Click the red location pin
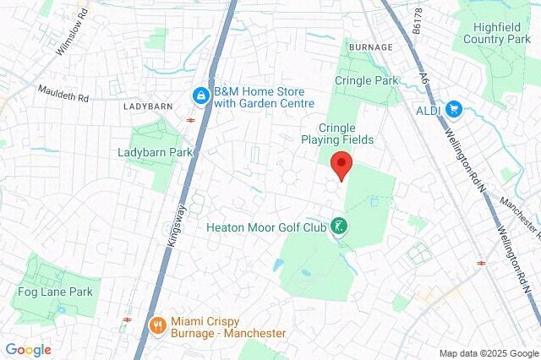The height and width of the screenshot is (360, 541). click(x=341, y=165)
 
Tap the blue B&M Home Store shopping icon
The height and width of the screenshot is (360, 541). click(x=200, y=97)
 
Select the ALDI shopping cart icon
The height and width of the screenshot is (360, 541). click(x=454, y=108)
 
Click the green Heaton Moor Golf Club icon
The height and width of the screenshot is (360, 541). click(x=338, y=226)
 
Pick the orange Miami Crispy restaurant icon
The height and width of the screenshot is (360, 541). click(x=156, y=325)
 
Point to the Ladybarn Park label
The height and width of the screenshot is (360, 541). click(x=156, y=152)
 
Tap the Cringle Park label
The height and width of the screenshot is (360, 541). click(x=366, y=80)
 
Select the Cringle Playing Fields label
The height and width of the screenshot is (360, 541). click(x=340, y=132)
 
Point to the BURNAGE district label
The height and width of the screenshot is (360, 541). click(x=369, y=46)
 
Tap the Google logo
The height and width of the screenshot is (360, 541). click(x=28, y=350)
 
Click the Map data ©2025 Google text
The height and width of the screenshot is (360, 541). click(x=488, y=353)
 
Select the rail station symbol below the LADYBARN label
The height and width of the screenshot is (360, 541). click(x=191, y=120)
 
